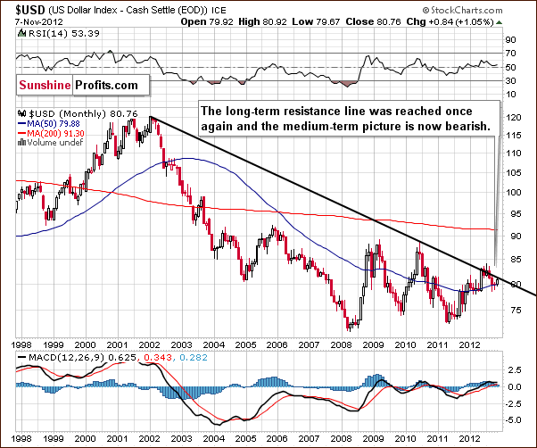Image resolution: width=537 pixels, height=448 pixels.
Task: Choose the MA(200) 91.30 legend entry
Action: pyautogui.click(x=58, y=136)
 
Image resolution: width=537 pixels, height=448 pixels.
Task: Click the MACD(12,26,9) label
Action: pyautogui.click(x=57, y=358)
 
